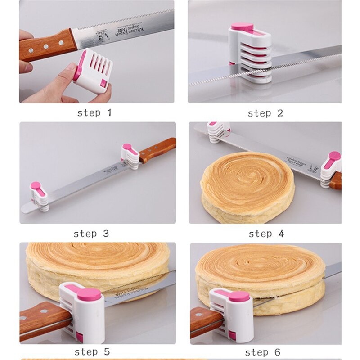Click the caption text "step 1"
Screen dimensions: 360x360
point(94,112)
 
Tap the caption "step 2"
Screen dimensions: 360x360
point(265,113)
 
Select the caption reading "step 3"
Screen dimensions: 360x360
point(91,234)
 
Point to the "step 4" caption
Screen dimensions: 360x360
point(266,234)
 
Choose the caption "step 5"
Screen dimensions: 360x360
point(92,351)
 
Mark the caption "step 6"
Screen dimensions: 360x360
point(265,351)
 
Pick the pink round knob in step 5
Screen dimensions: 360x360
point(89,295)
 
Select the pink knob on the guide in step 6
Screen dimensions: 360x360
point(238,296)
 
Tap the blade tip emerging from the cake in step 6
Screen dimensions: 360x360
point(333,270)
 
